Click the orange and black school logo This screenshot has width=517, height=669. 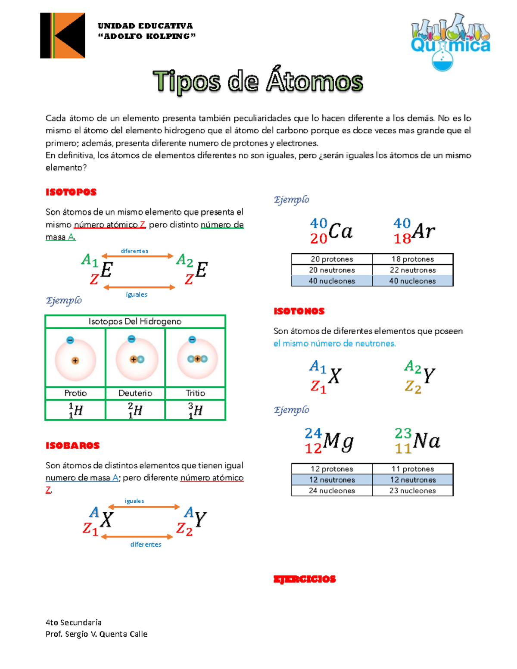click(62, 35)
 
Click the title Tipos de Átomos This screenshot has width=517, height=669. click(258, 81)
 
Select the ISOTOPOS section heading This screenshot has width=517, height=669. click(71, 192)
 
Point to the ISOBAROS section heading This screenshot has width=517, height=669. click(72, 445)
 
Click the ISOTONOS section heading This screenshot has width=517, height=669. click(299, 311)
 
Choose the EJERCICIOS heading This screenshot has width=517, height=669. click(304, 579)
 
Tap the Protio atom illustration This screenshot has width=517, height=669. click(75, 358)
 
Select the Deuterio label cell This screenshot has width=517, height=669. click(135, 393)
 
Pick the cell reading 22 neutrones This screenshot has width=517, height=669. click(412, 270)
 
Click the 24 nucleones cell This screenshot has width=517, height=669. click(332, 491)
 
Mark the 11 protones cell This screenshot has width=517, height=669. click(412, 469)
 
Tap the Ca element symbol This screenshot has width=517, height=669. click(340, 231)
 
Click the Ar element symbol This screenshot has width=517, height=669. click(423, 231)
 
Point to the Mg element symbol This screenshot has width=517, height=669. click(338, 441)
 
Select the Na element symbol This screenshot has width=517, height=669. click(426, 441)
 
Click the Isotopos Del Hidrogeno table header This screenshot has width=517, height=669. click(135, 321)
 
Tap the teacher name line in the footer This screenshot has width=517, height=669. click(97, 634)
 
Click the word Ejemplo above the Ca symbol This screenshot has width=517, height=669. click(292, 199)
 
